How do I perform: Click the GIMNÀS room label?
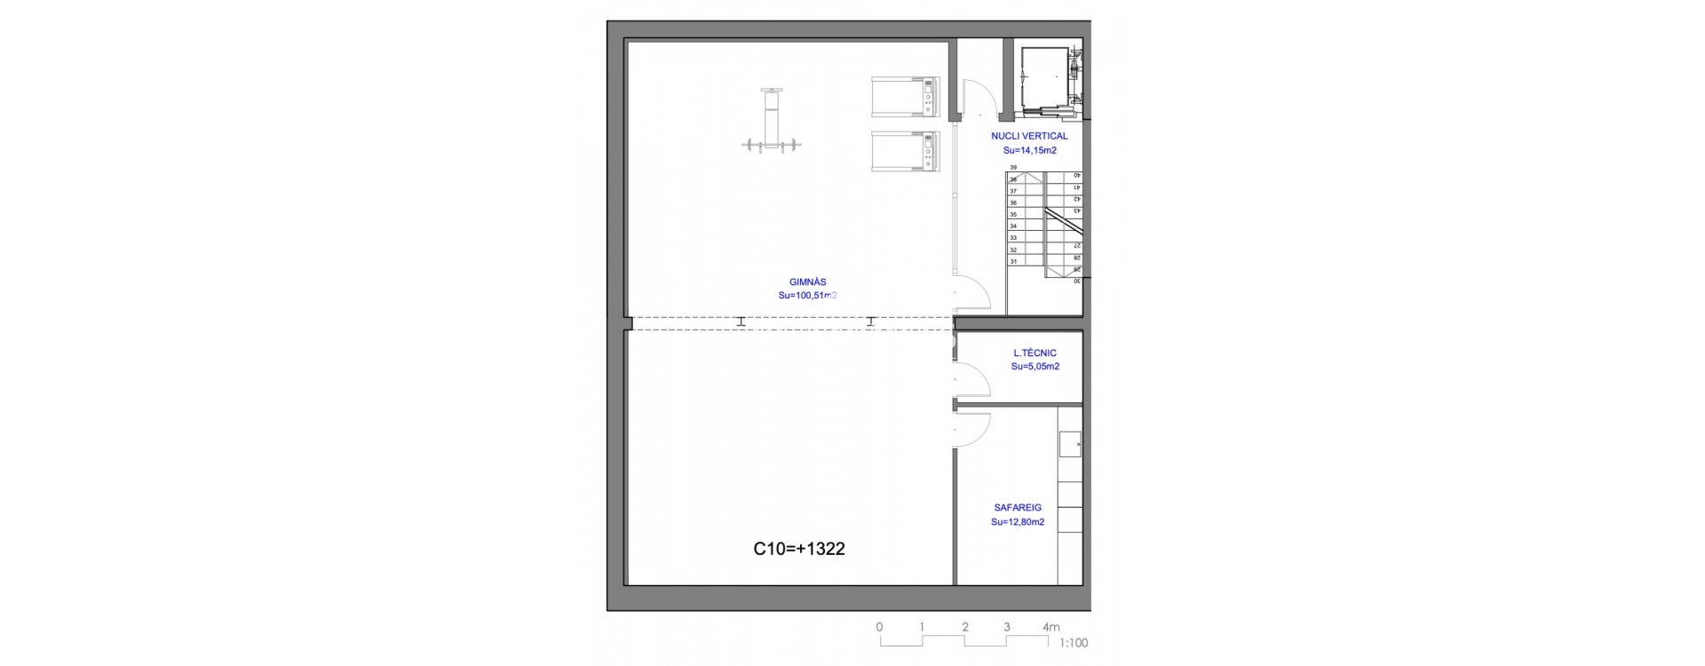(807, 282)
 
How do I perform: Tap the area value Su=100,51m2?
(807, 296)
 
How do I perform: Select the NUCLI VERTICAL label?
(1029, 137)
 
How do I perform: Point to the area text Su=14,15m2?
(1029, 150)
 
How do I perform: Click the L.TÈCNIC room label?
(1035, 353)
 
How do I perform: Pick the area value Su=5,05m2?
(1035, 367)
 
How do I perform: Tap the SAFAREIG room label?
(1018, 508)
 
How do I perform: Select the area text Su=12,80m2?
(1018, 522)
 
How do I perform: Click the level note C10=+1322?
(798, 549)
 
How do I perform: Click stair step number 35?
(1013, 215)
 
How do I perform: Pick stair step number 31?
(1013, 262)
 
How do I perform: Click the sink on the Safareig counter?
(1070, 444)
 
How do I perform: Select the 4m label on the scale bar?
(1051, 627)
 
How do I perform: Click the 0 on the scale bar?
(879, 627)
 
